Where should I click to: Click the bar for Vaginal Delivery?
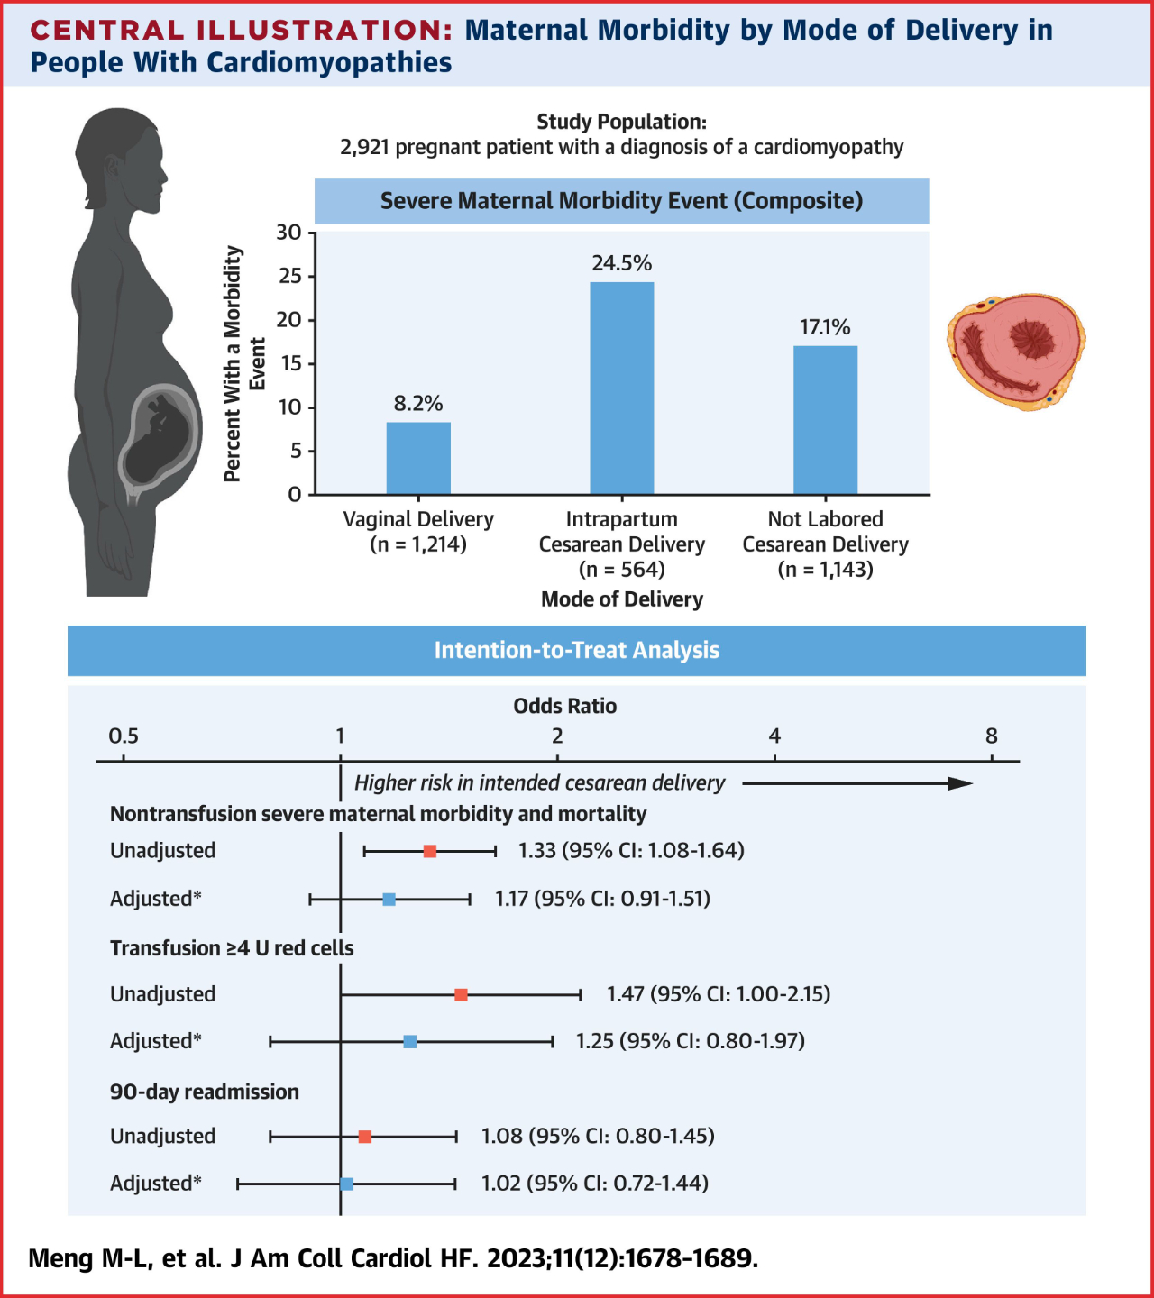click(418, 458)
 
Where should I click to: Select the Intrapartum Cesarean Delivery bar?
click(622, 388)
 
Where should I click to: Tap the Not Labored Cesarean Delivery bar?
click(825, 420)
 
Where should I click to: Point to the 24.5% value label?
click(622, 263)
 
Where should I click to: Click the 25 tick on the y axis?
click(290, 276)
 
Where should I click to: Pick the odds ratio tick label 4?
click(774, 736)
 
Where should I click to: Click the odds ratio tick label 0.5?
click(124, 736)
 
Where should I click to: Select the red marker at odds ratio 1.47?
click(461, 995)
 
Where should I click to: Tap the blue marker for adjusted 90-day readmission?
click(347, 1184)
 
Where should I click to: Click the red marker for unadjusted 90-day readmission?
click(365, 1137)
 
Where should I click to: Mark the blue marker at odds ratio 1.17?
click(389, 900)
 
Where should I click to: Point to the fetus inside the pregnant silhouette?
click(160, 435)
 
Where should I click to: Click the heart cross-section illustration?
click(1016, 351)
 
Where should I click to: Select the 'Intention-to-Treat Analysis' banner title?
click(577, 650)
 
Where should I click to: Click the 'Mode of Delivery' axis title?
click(622, 599)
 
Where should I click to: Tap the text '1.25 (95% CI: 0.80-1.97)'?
click(691, 1041)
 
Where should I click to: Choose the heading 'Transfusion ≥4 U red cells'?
click(232, 948)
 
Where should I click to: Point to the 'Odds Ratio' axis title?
click(565, 706)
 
